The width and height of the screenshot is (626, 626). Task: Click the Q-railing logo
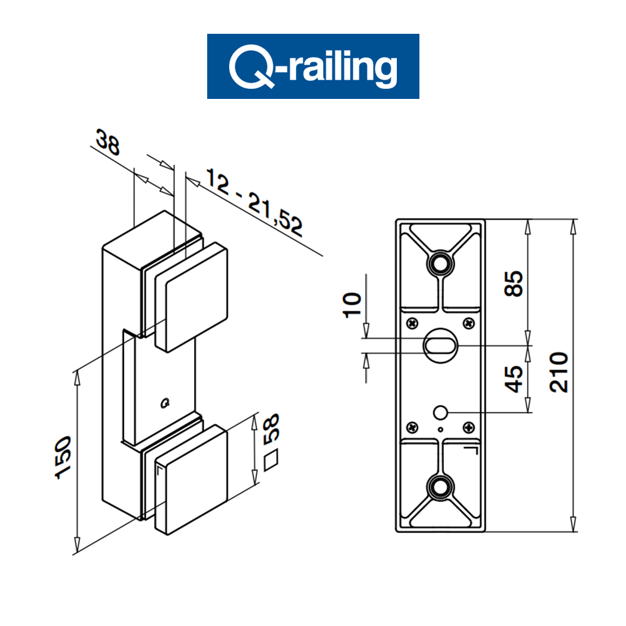coord(313,66)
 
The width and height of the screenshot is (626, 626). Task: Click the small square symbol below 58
coord(272,463)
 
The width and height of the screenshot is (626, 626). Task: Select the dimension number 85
coord(513,283)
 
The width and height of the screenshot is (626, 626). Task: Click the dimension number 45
coord(513,379)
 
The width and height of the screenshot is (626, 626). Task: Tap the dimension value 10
coord(352,305)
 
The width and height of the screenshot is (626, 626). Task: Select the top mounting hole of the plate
coord(440,263)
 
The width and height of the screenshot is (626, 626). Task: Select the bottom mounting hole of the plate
coord(440,486)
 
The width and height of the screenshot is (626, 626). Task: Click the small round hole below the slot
coord(440,412)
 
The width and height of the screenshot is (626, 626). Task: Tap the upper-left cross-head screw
coord(412,323)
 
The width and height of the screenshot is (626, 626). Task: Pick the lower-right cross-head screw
coord(468,428)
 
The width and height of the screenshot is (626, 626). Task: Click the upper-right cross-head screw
coord(468,323)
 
